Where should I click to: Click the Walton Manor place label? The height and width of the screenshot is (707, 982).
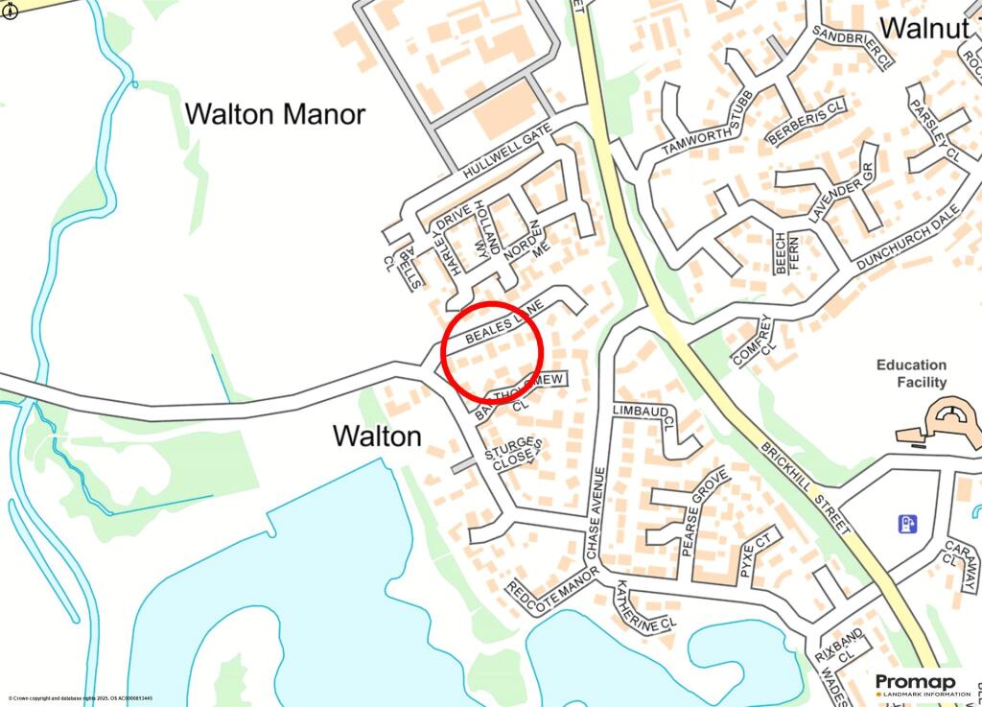[274, 115]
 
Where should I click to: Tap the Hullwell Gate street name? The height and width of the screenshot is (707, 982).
[506, 153]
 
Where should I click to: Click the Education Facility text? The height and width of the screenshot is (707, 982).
[911, 373]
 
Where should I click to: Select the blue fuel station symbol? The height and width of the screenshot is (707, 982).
[906, 524]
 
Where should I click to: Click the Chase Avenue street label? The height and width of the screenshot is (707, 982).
[596, 513]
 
